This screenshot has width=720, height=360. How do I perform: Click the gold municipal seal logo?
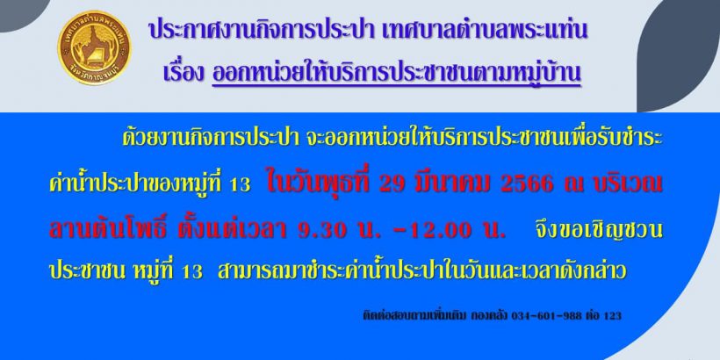coord(94,47)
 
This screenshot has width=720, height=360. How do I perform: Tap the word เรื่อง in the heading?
coord(184,74)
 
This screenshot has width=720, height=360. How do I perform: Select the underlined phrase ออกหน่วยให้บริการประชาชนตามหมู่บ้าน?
coord(396,74)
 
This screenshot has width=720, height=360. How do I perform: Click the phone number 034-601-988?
coord(546,316)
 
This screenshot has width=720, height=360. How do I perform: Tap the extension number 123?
coord(612,316)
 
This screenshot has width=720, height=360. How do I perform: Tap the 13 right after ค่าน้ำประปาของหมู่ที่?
coord(241,185)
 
